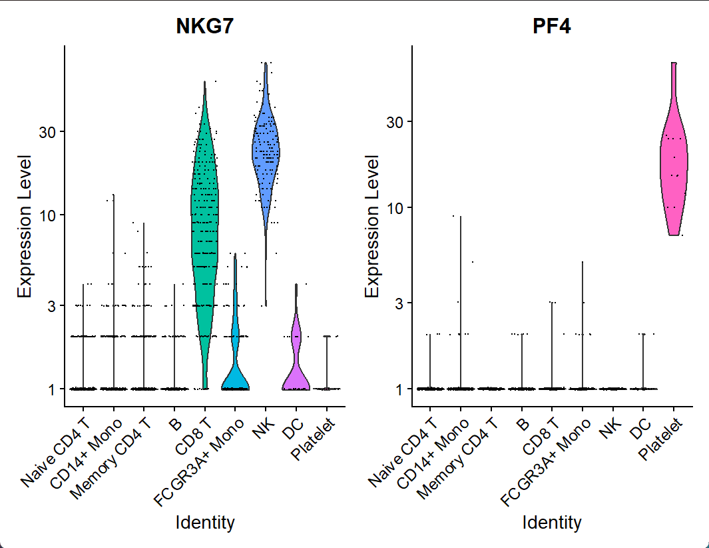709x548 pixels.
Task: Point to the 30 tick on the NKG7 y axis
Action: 46,131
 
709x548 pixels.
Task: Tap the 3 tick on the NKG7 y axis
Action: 51,305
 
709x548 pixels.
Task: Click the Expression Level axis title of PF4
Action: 373,227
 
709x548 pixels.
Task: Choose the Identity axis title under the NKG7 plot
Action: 205,522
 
